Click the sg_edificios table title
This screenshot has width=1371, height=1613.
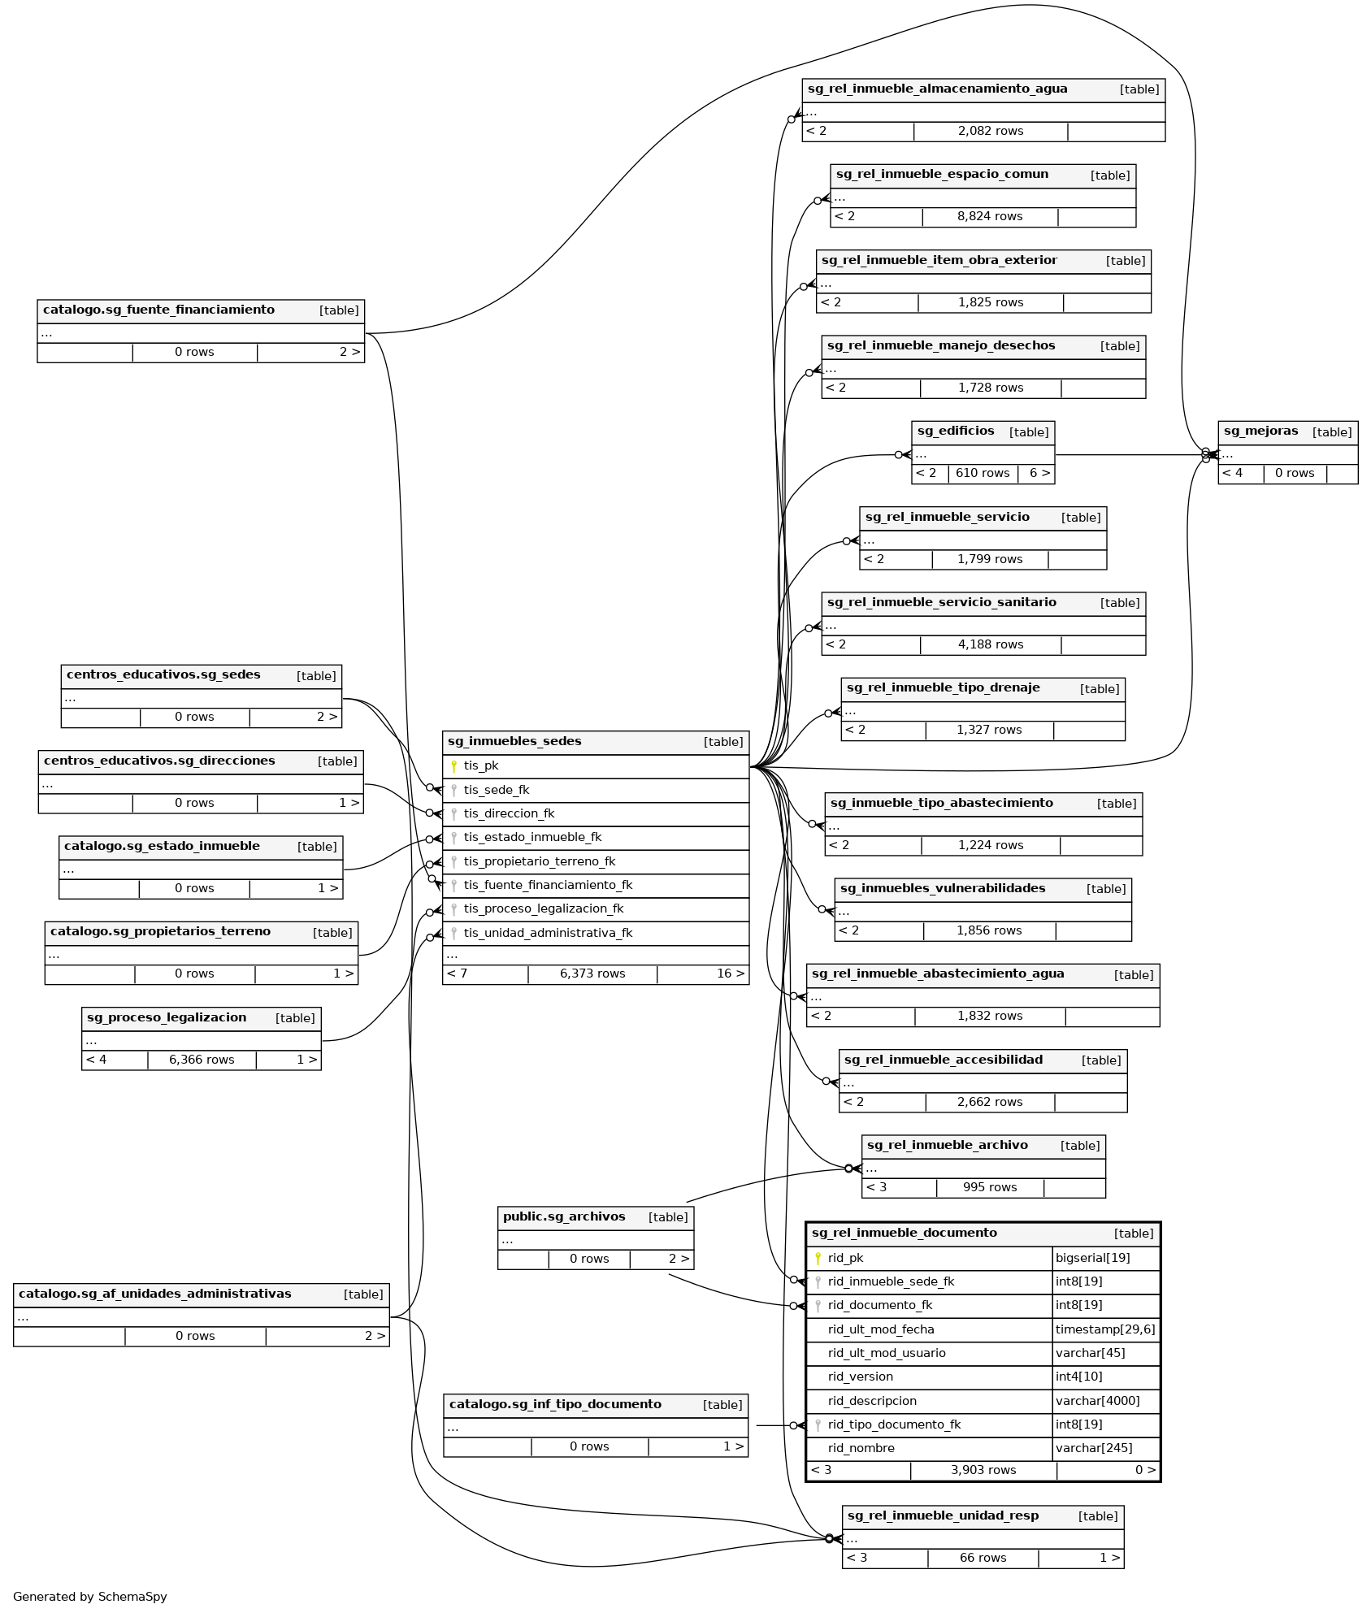coord(956,431)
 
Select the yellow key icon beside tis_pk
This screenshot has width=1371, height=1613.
coord(453,766)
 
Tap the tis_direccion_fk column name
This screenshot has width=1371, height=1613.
coord(509,813)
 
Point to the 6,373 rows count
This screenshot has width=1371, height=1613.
coord(592,973)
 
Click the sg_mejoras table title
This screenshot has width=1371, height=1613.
coord(1260,431)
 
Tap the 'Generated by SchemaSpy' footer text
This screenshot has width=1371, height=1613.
coord(90,1597)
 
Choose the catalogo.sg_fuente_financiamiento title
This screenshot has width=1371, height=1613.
coord(158,310)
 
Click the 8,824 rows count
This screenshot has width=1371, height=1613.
coord(990,217)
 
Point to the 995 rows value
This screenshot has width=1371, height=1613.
coord(990,1188)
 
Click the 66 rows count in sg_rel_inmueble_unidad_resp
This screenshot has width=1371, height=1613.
coord(983,1559)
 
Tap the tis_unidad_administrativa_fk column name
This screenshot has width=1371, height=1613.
coord(548,933)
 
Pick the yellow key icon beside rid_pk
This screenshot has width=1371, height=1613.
coord(818,1259)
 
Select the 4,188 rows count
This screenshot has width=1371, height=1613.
coord(990,645)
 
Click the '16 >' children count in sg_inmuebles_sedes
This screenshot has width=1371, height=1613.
coord(730,973)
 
